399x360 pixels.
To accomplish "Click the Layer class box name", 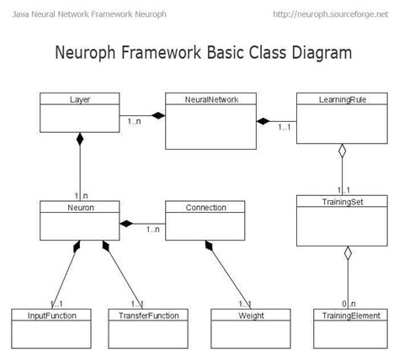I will tap(80, 99).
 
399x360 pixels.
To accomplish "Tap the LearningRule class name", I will tap(340, 99).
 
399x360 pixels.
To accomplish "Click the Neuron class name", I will tap(80, 207).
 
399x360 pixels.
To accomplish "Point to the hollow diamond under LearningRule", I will tap(340, 152).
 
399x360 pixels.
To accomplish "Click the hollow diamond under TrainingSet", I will tap(347, 253).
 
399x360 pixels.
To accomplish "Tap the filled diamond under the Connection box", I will tap(210, 246).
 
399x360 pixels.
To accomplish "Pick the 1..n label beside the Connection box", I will tap(152, 229).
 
